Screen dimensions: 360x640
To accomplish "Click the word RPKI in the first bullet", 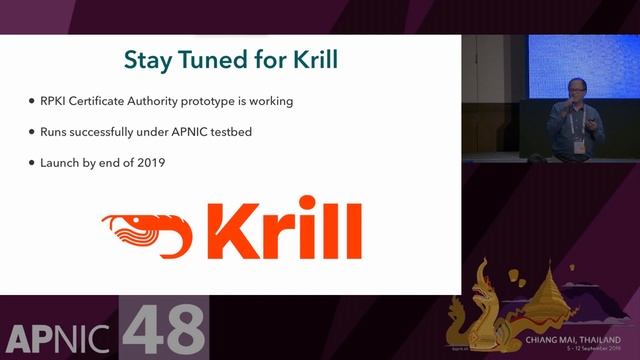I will [x=50, y=101].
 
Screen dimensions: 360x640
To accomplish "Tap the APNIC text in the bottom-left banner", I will [x=60, y=338].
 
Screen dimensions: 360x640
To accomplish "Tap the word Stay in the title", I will [x=143, y=59].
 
